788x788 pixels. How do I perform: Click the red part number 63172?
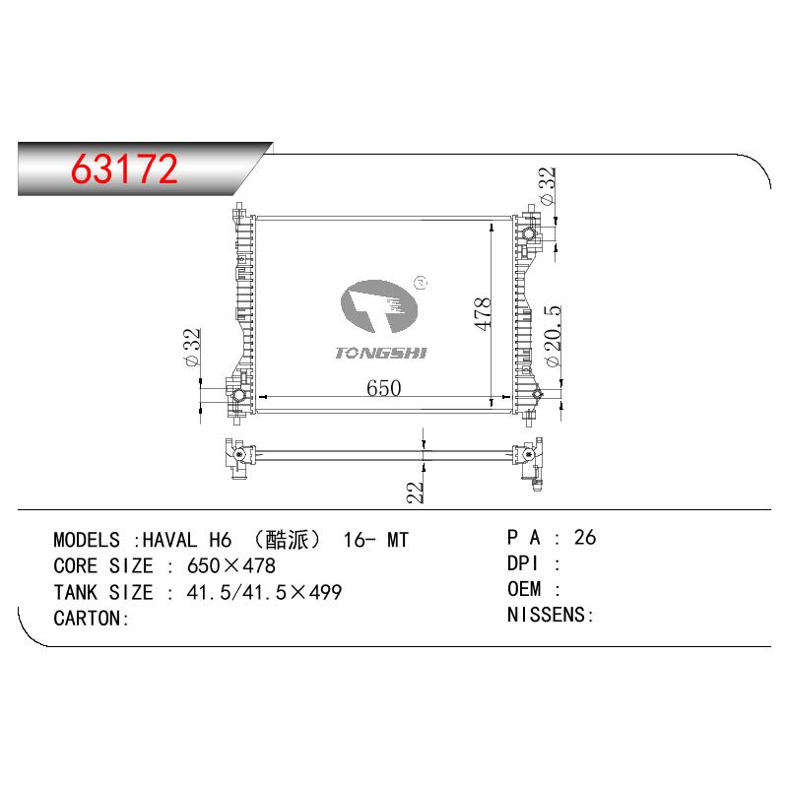[124, 168]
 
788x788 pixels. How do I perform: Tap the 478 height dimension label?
[483, 313]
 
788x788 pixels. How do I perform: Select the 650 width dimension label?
[383, 388]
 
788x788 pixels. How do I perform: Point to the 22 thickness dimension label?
[415, 492]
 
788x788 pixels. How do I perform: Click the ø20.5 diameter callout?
[553, 336]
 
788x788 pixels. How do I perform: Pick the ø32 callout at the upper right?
[548, 185]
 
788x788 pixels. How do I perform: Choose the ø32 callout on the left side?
[192, 348]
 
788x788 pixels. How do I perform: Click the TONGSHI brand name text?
[380, 354]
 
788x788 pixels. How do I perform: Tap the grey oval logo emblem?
[379, 306]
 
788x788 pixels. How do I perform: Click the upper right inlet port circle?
[529, 233]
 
